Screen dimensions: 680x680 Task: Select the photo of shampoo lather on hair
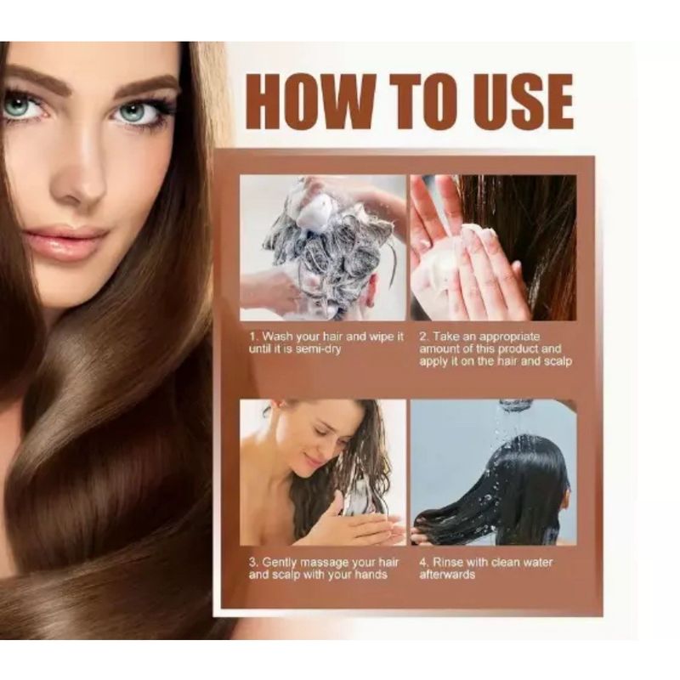(323, 247)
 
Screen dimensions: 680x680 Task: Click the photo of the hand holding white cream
(494, 247)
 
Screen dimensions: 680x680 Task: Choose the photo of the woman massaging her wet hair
(323, 473)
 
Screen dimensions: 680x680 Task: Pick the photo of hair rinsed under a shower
(494, 473)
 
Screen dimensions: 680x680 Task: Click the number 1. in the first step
(253, 337)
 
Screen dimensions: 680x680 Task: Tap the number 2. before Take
(424, 337)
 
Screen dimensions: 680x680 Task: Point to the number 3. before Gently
(253, 563)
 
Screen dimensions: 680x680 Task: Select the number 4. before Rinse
(424, 563)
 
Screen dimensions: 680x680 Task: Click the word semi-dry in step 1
(318, 349)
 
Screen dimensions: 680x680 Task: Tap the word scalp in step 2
(558, 362)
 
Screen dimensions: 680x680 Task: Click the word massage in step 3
(325, 564)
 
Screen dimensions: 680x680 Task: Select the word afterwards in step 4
(447, 575)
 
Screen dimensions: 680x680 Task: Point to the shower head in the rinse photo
(514, 406)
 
